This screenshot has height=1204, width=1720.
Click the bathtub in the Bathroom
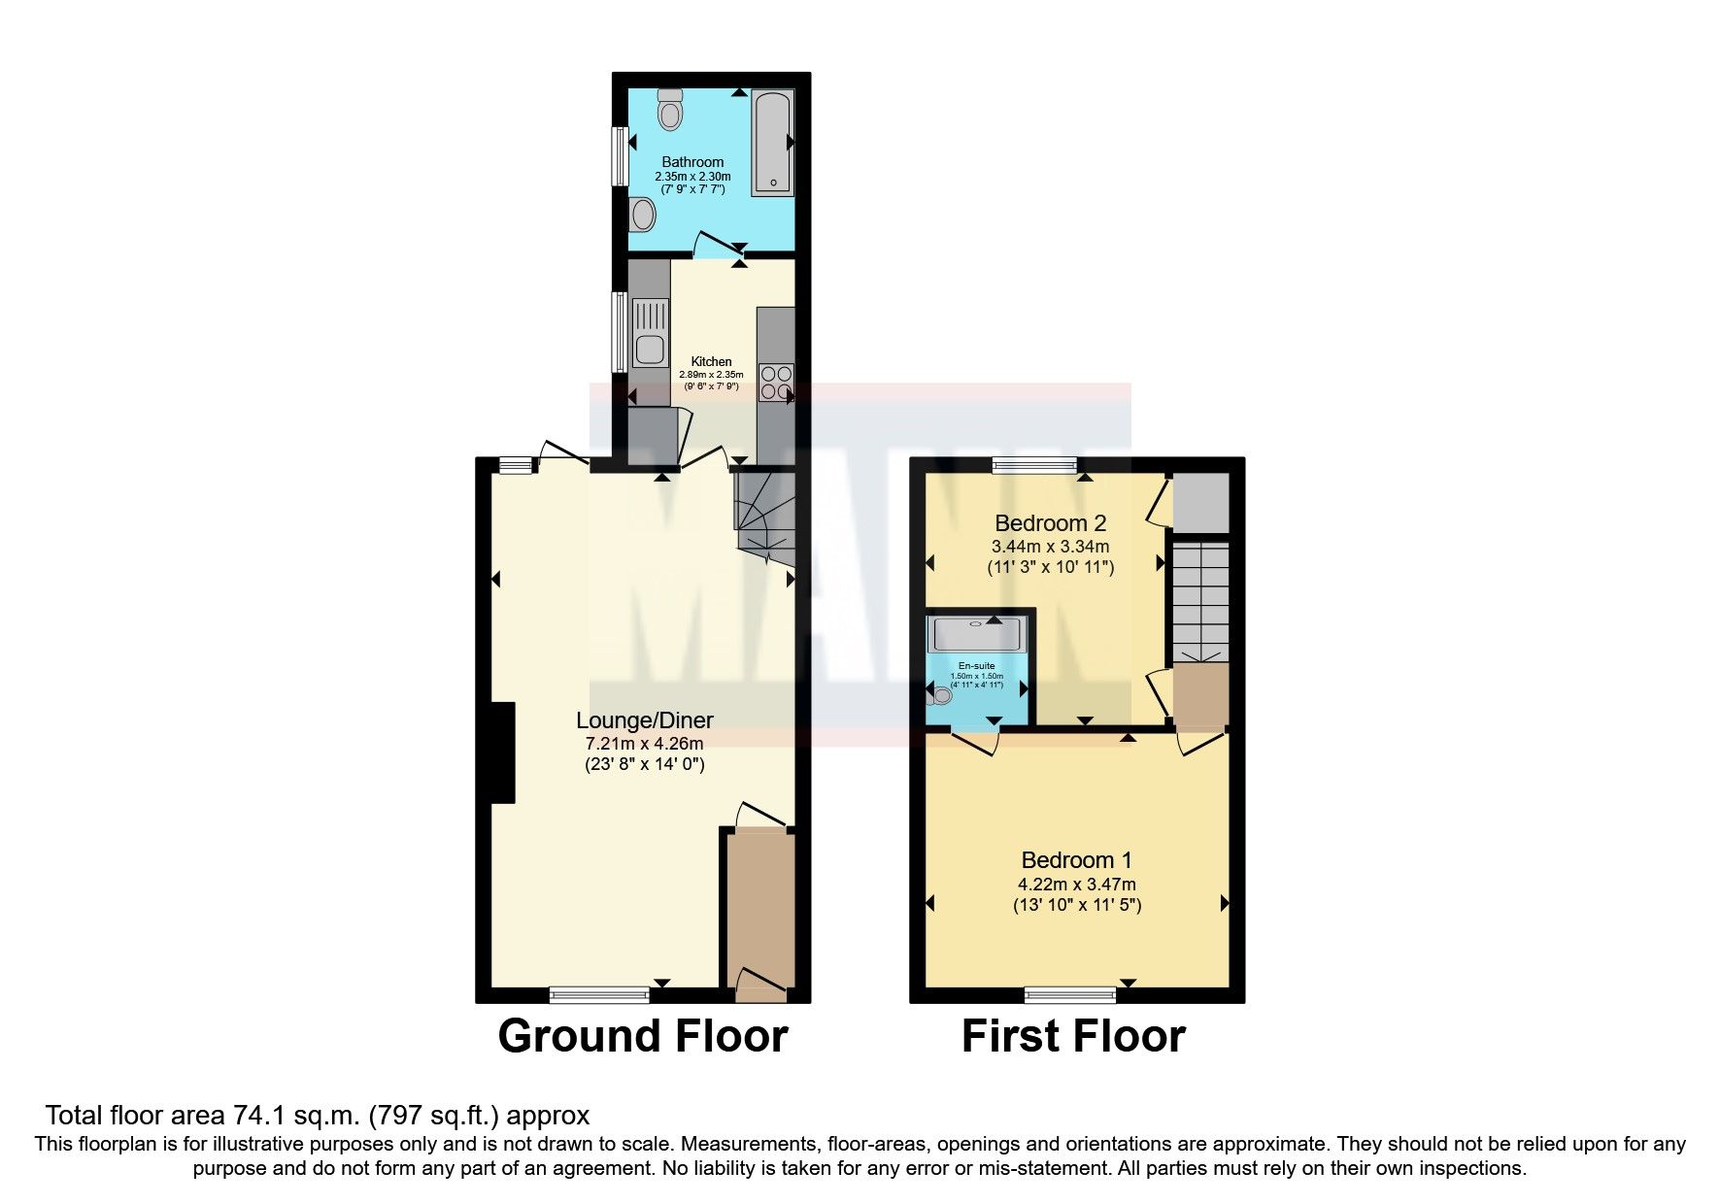(772, 144)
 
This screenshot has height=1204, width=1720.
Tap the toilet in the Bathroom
(670, 111)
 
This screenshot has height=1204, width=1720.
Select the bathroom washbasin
(642, 214)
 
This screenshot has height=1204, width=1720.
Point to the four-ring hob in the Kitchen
(776, 382)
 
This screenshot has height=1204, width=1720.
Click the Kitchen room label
(711, 361)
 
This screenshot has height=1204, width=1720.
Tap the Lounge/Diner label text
(644, 720)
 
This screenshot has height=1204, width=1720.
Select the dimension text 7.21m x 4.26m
(644, 744)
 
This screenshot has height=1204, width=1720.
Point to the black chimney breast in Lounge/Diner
(502, 752)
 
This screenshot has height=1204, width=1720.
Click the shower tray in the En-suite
(975, 634)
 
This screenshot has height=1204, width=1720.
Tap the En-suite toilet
(940, 694)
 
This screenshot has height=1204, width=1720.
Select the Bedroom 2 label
(1050, 524)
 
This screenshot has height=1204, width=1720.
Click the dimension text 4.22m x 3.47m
(1076, 885)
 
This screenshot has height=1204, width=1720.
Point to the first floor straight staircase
(1200, 602)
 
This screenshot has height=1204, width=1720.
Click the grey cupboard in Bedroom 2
(1200, 503)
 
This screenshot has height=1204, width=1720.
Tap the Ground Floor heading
(642, 1036)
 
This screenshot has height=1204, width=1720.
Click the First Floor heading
(1073, 1036)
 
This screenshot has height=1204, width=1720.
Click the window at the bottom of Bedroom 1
(1071, 993)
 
